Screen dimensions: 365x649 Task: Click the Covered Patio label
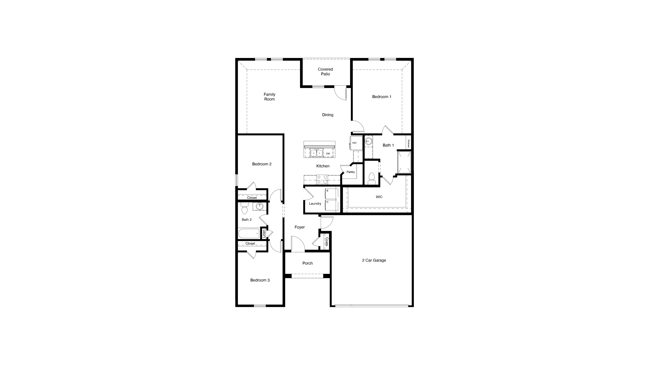point(325,72)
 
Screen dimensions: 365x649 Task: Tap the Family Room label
point(269,97)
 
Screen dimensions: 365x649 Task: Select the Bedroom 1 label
point(382,97)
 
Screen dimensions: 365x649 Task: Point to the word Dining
point(327,115)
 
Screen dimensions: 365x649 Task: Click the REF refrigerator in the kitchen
point(355,143)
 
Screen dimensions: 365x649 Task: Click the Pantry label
point(350,172)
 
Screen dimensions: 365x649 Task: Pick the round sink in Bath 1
point(369,141)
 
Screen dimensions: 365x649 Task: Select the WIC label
point(379,197)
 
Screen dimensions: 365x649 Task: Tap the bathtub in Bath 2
point(249,233)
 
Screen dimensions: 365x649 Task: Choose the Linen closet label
point(264,233)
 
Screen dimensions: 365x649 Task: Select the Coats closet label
point(327,242)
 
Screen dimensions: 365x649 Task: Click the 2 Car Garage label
point(374,261)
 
